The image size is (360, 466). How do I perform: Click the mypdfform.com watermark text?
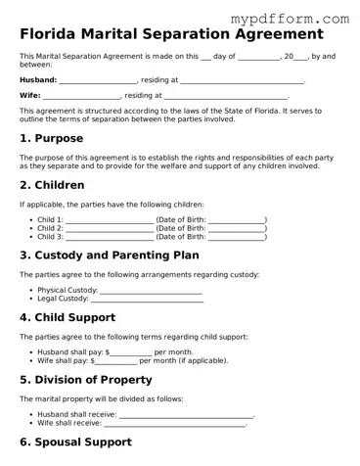point(302,18)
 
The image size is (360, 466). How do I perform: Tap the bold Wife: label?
point(30,96)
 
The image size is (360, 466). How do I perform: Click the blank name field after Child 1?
point(109,220)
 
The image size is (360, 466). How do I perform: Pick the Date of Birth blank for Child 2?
point(236,228)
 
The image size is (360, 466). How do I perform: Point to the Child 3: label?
point(50,237)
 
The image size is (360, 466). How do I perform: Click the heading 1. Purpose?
point(52,138)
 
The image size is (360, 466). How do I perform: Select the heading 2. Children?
point(54,184)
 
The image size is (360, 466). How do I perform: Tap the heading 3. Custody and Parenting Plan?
point(109,256)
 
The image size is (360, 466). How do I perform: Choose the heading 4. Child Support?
point(67,317)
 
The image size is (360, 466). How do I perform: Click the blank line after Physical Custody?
point(151,291)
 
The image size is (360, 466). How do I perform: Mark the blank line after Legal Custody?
point(147,299)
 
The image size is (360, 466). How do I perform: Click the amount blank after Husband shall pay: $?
point(131,352)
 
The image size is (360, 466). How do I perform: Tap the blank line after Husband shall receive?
point(186,415)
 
